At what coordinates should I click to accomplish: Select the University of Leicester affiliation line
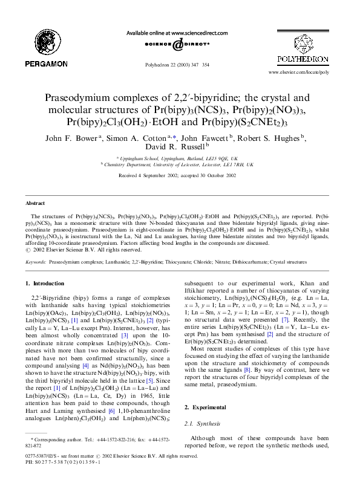(180, 164)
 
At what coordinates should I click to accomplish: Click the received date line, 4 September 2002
(180, 175)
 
